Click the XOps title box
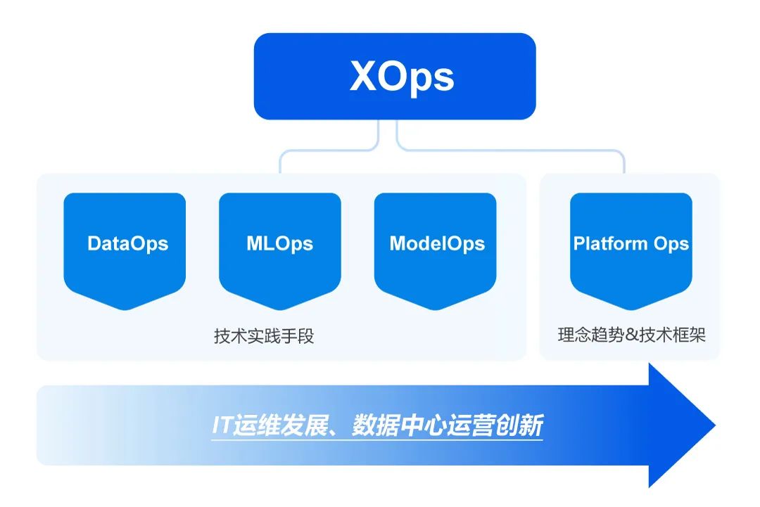(x=394, y=76)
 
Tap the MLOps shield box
(x=280, y=246)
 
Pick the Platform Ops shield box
(x=631, y=246)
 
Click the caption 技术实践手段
(x=264, y=336)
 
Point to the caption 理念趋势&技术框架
(x=631, y=335)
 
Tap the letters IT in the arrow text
(x=222, y=426)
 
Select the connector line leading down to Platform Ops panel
(x=623, y=163)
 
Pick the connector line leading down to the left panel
(x=280, y=163)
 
